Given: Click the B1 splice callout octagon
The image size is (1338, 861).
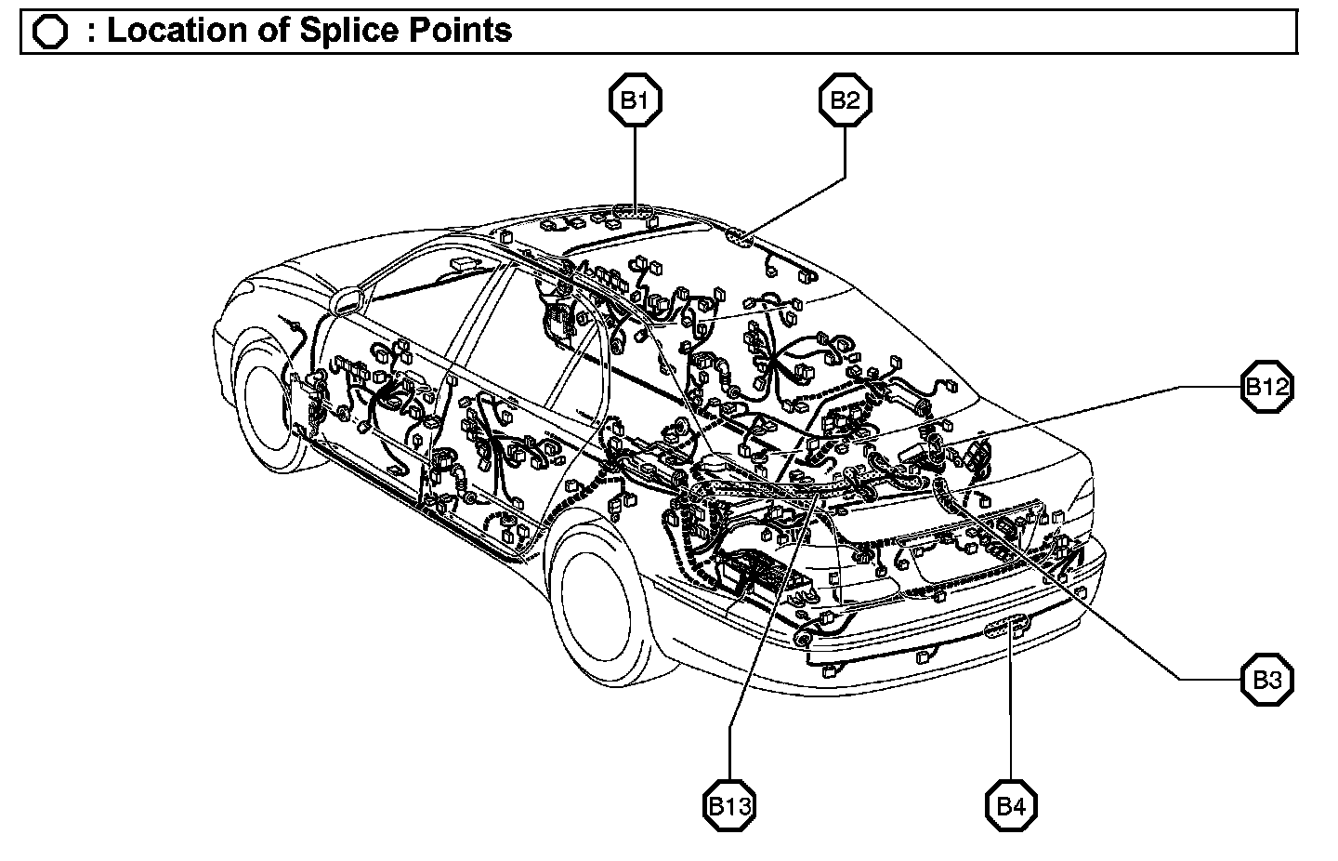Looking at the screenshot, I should (x=635, y=100).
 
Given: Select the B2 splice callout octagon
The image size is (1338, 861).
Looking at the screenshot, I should (x=845, y=100).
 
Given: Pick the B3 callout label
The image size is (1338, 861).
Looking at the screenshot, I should (x=1267, y=680).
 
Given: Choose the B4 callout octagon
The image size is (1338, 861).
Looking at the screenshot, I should (x=1011, y=805).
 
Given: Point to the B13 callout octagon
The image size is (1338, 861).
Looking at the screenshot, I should (x=728, y=805).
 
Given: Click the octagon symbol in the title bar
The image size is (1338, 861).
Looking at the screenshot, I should (x=49, y=32).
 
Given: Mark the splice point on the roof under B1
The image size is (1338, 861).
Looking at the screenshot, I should (x=634, y=213).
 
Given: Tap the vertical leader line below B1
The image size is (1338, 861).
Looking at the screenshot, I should (x=635, y=167).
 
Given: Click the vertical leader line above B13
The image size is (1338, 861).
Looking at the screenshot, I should (x=729, y=753).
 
